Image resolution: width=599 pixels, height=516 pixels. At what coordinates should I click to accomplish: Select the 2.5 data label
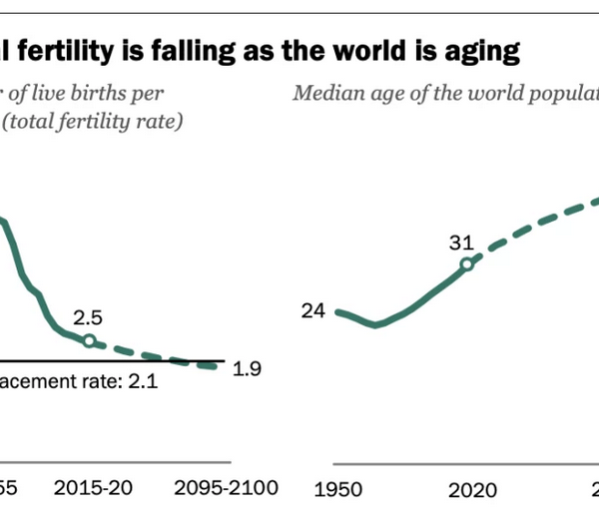pyautogui.click(x=88, y=318)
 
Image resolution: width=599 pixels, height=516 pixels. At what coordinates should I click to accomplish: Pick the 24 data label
pyautogui.click(x=313, y=311)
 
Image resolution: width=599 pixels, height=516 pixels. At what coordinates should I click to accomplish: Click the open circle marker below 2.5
pyautogui.click(x=88, y=340)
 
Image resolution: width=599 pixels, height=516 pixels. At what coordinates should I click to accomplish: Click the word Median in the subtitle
pyautogui.click(x=321, y=94)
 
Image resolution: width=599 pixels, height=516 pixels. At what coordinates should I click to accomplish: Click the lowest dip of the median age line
pyautogui.click(x=375, y=323)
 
